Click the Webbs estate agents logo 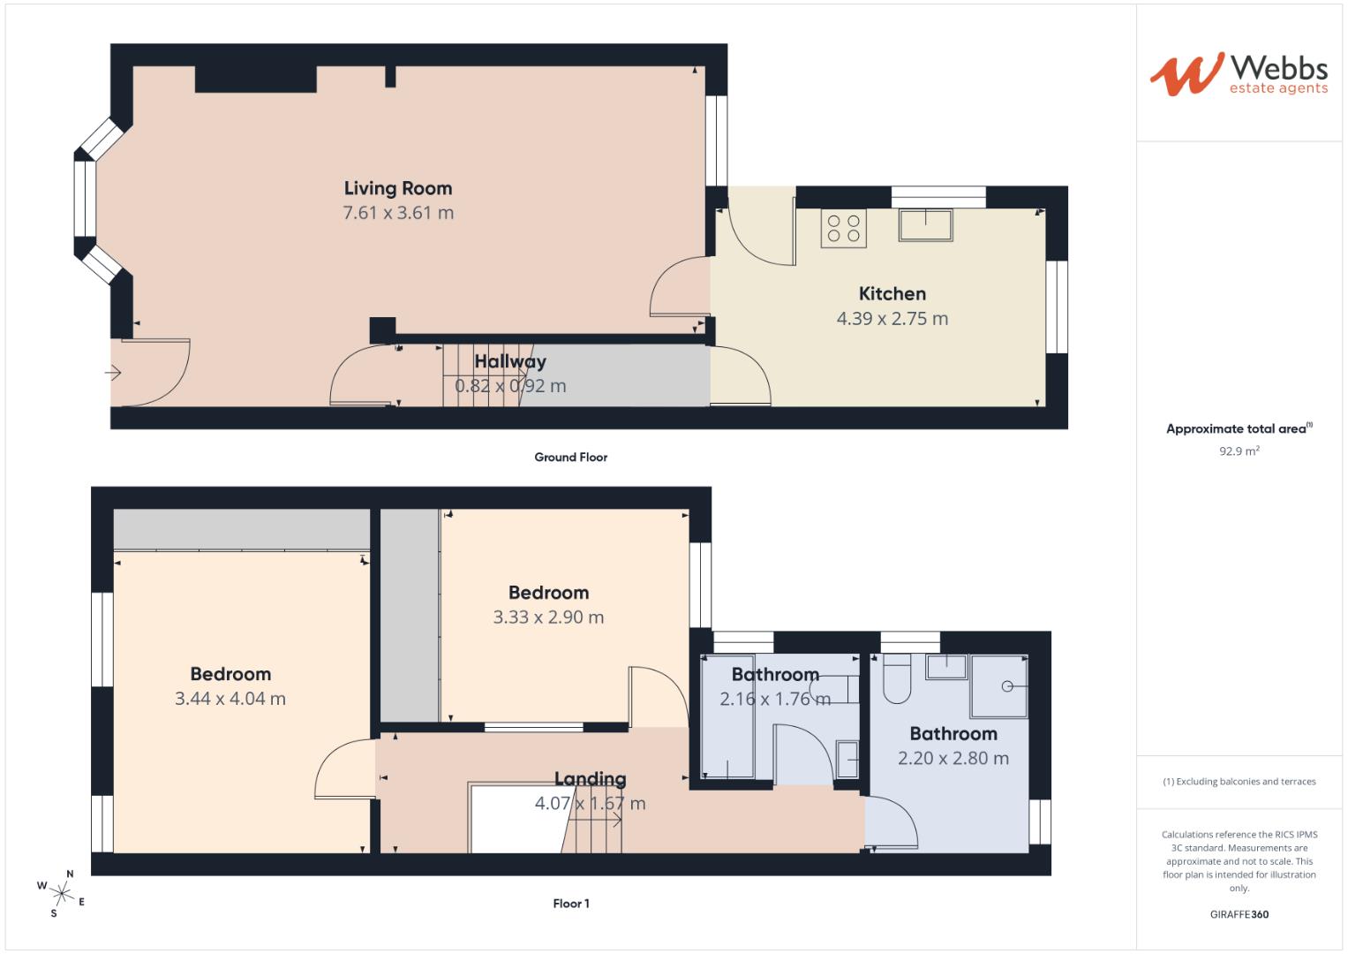tap(1239, 73)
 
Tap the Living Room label tap(398, 188)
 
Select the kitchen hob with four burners tap(843, 228)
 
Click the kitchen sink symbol tap(925, 224)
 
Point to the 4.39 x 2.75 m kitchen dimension tap(892, 319)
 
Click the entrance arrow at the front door tap(113, 374)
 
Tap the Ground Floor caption tap(570, 458)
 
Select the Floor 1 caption tap(570, 904)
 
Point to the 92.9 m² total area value tap(1239, 450)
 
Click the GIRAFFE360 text tap(1239, 914)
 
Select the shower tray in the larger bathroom tap(999, 685)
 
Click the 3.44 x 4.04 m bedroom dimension tap(230, 699)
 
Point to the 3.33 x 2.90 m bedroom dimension tap(548, 617)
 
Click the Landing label tap(590, 779)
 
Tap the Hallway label tap(510, 361)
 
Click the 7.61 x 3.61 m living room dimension tap(398, 213)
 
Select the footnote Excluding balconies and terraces tap(1239, 782)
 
